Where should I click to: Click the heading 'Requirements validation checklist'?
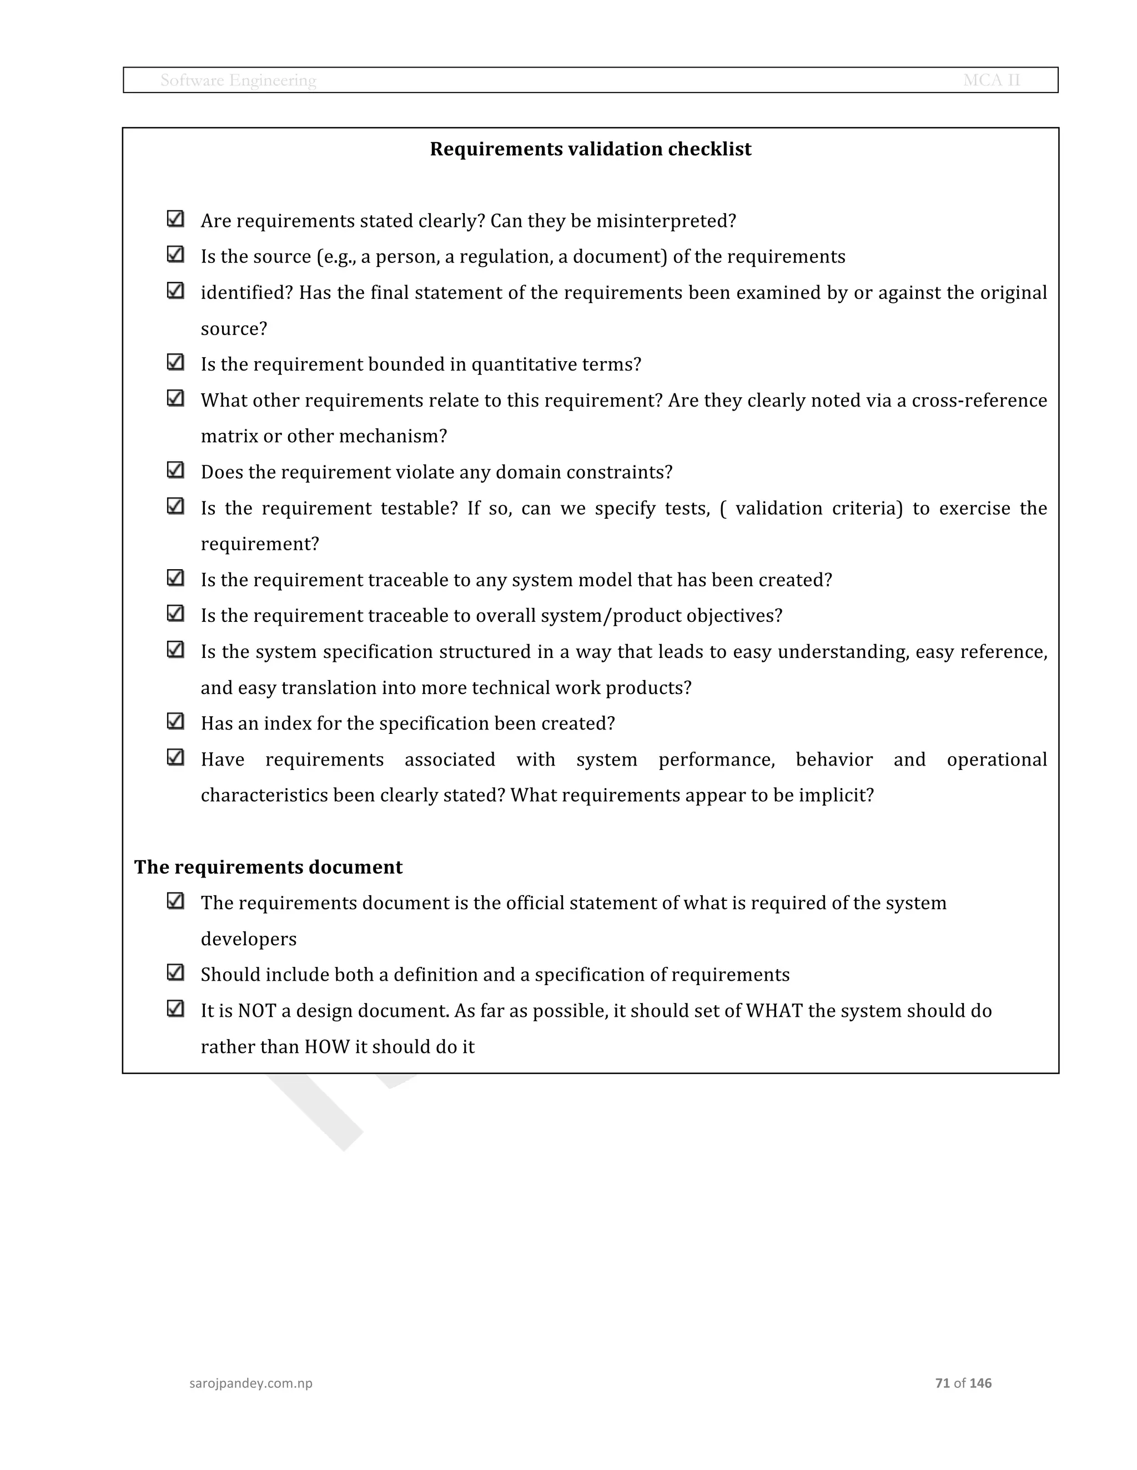tap(590, 149)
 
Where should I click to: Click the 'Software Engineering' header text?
tap(238, 80)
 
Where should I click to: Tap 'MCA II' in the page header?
tap(991, 80)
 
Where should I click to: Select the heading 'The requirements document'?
tap(268, 867)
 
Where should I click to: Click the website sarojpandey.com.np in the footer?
tap(250, 1382)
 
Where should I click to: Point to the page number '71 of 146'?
tap(963, 1382)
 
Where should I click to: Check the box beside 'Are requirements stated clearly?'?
tap(175, 219)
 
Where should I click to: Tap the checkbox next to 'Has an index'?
tap(175, 721)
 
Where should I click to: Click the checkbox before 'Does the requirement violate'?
tap(175, 470)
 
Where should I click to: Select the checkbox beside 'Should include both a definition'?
tap(175, 972)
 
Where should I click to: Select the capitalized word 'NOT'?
tap(256, 1011)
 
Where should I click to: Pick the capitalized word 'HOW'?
tap(326, 1047)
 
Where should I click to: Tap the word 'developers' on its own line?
tap(249, 940)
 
